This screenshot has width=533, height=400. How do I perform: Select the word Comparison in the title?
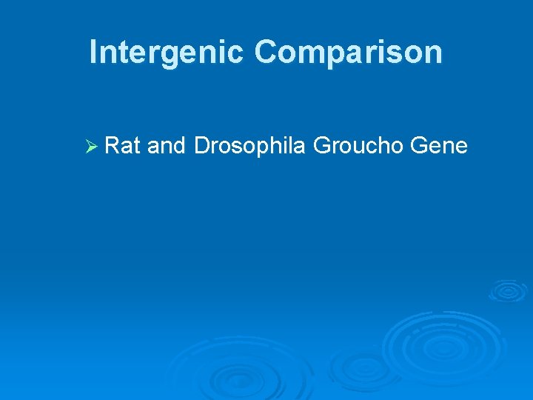(x=349, y=53)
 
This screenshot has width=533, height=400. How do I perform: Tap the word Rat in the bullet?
(x=123, y=146)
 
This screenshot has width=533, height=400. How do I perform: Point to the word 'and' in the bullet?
(x=167, y=146)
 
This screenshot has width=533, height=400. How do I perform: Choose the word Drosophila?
(x=249, y=146)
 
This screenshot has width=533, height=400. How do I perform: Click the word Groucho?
(x=358, y=146)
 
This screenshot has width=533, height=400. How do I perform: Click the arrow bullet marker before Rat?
(x=92, y=147)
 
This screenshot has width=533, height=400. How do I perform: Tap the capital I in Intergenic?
(x=93, y=53)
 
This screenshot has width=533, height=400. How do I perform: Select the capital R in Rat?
(x=112, y=146)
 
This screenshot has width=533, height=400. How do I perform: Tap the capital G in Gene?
(x=418, y=146)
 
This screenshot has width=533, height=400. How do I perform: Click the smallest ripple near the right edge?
(x=508, y=290)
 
